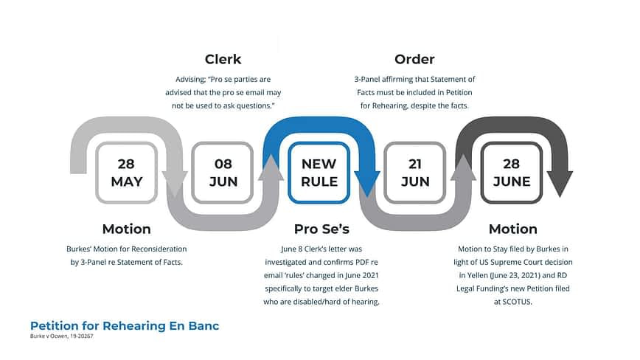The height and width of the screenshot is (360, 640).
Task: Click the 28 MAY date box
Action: pyautogui.click(x=127, y=173)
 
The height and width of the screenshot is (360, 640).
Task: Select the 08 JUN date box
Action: pyautogui.click(x=223, y=173)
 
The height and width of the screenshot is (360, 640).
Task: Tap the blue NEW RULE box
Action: pyautogui.click(x=319, y=173)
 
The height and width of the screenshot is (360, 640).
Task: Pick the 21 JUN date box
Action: pyautogui.click(x=414, y=173)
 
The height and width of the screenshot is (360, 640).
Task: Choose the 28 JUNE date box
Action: pyautogui.click(x=512, y=173)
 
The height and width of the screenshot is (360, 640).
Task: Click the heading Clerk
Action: pyautogui.click(x=223, y=59)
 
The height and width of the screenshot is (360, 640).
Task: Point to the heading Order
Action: pyautogui.click(x=414, y=59)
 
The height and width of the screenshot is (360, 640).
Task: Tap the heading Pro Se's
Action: pyautogui.click(x=321, y=229)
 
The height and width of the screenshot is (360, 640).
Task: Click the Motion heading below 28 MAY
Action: pyautogui.click(x=127, y=229)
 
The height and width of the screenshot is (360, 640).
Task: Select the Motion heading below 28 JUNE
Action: pyautogui.click(x=513, y=229)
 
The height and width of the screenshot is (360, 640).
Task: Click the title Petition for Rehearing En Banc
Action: pyautogui.click(x=125, y=326)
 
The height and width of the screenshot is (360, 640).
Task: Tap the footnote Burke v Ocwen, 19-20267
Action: pyautogui.click(x=62, y=336)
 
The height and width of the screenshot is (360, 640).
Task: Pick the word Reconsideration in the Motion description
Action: pyautogui.click(x=158, y=249)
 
